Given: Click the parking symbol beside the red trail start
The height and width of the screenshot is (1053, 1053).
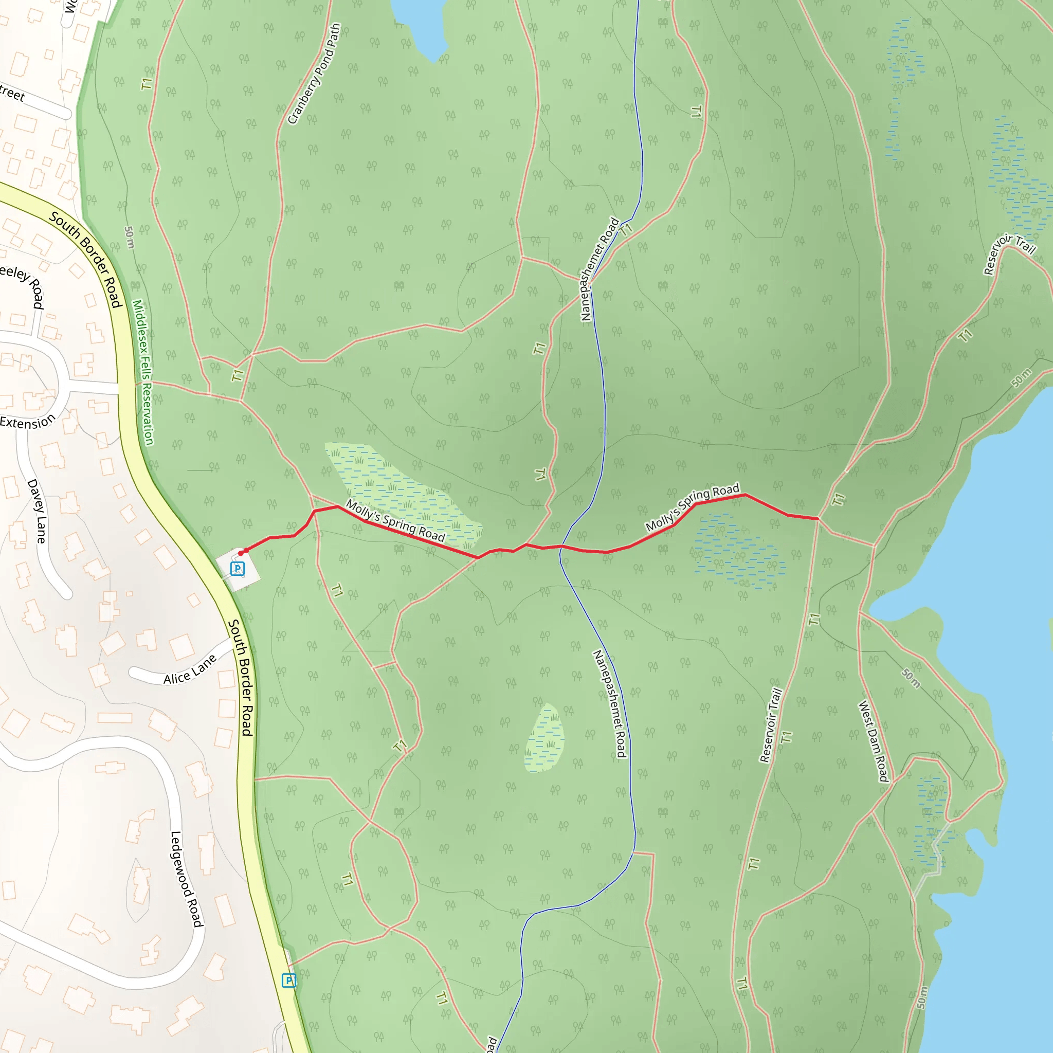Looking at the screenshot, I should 237,569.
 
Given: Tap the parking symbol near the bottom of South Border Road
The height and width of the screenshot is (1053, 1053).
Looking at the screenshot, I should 289,981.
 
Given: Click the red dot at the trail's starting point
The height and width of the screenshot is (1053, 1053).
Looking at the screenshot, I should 241,553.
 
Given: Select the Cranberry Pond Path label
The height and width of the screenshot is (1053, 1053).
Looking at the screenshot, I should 314,74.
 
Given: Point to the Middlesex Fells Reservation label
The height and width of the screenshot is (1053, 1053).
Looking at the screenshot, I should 143,372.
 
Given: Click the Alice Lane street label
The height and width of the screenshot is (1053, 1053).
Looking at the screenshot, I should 190,670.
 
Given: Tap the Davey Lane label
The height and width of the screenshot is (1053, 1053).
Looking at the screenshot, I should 37,511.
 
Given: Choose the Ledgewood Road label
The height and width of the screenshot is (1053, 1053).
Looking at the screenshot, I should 187,879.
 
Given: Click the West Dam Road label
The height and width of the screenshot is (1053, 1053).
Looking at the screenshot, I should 874,741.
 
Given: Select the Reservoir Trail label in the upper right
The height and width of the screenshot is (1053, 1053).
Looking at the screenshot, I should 1009,253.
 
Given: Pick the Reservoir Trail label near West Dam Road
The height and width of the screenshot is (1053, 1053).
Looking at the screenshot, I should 771,725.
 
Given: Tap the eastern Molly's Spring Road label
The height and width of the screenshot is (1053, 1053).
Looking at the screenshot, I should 692,507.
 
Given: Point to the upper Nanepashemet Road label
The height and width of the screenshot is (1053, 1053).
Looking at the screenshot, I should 600,269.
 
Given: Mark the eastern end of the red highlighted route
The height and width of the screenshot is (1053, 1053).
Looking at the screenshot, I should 818,518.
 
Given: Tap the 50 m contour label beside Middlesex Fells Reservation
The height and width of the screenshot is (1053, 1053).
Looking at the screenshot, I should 129,237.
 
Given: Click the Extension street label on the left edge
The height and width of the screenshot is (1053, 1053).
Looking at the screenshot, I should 28,422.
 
